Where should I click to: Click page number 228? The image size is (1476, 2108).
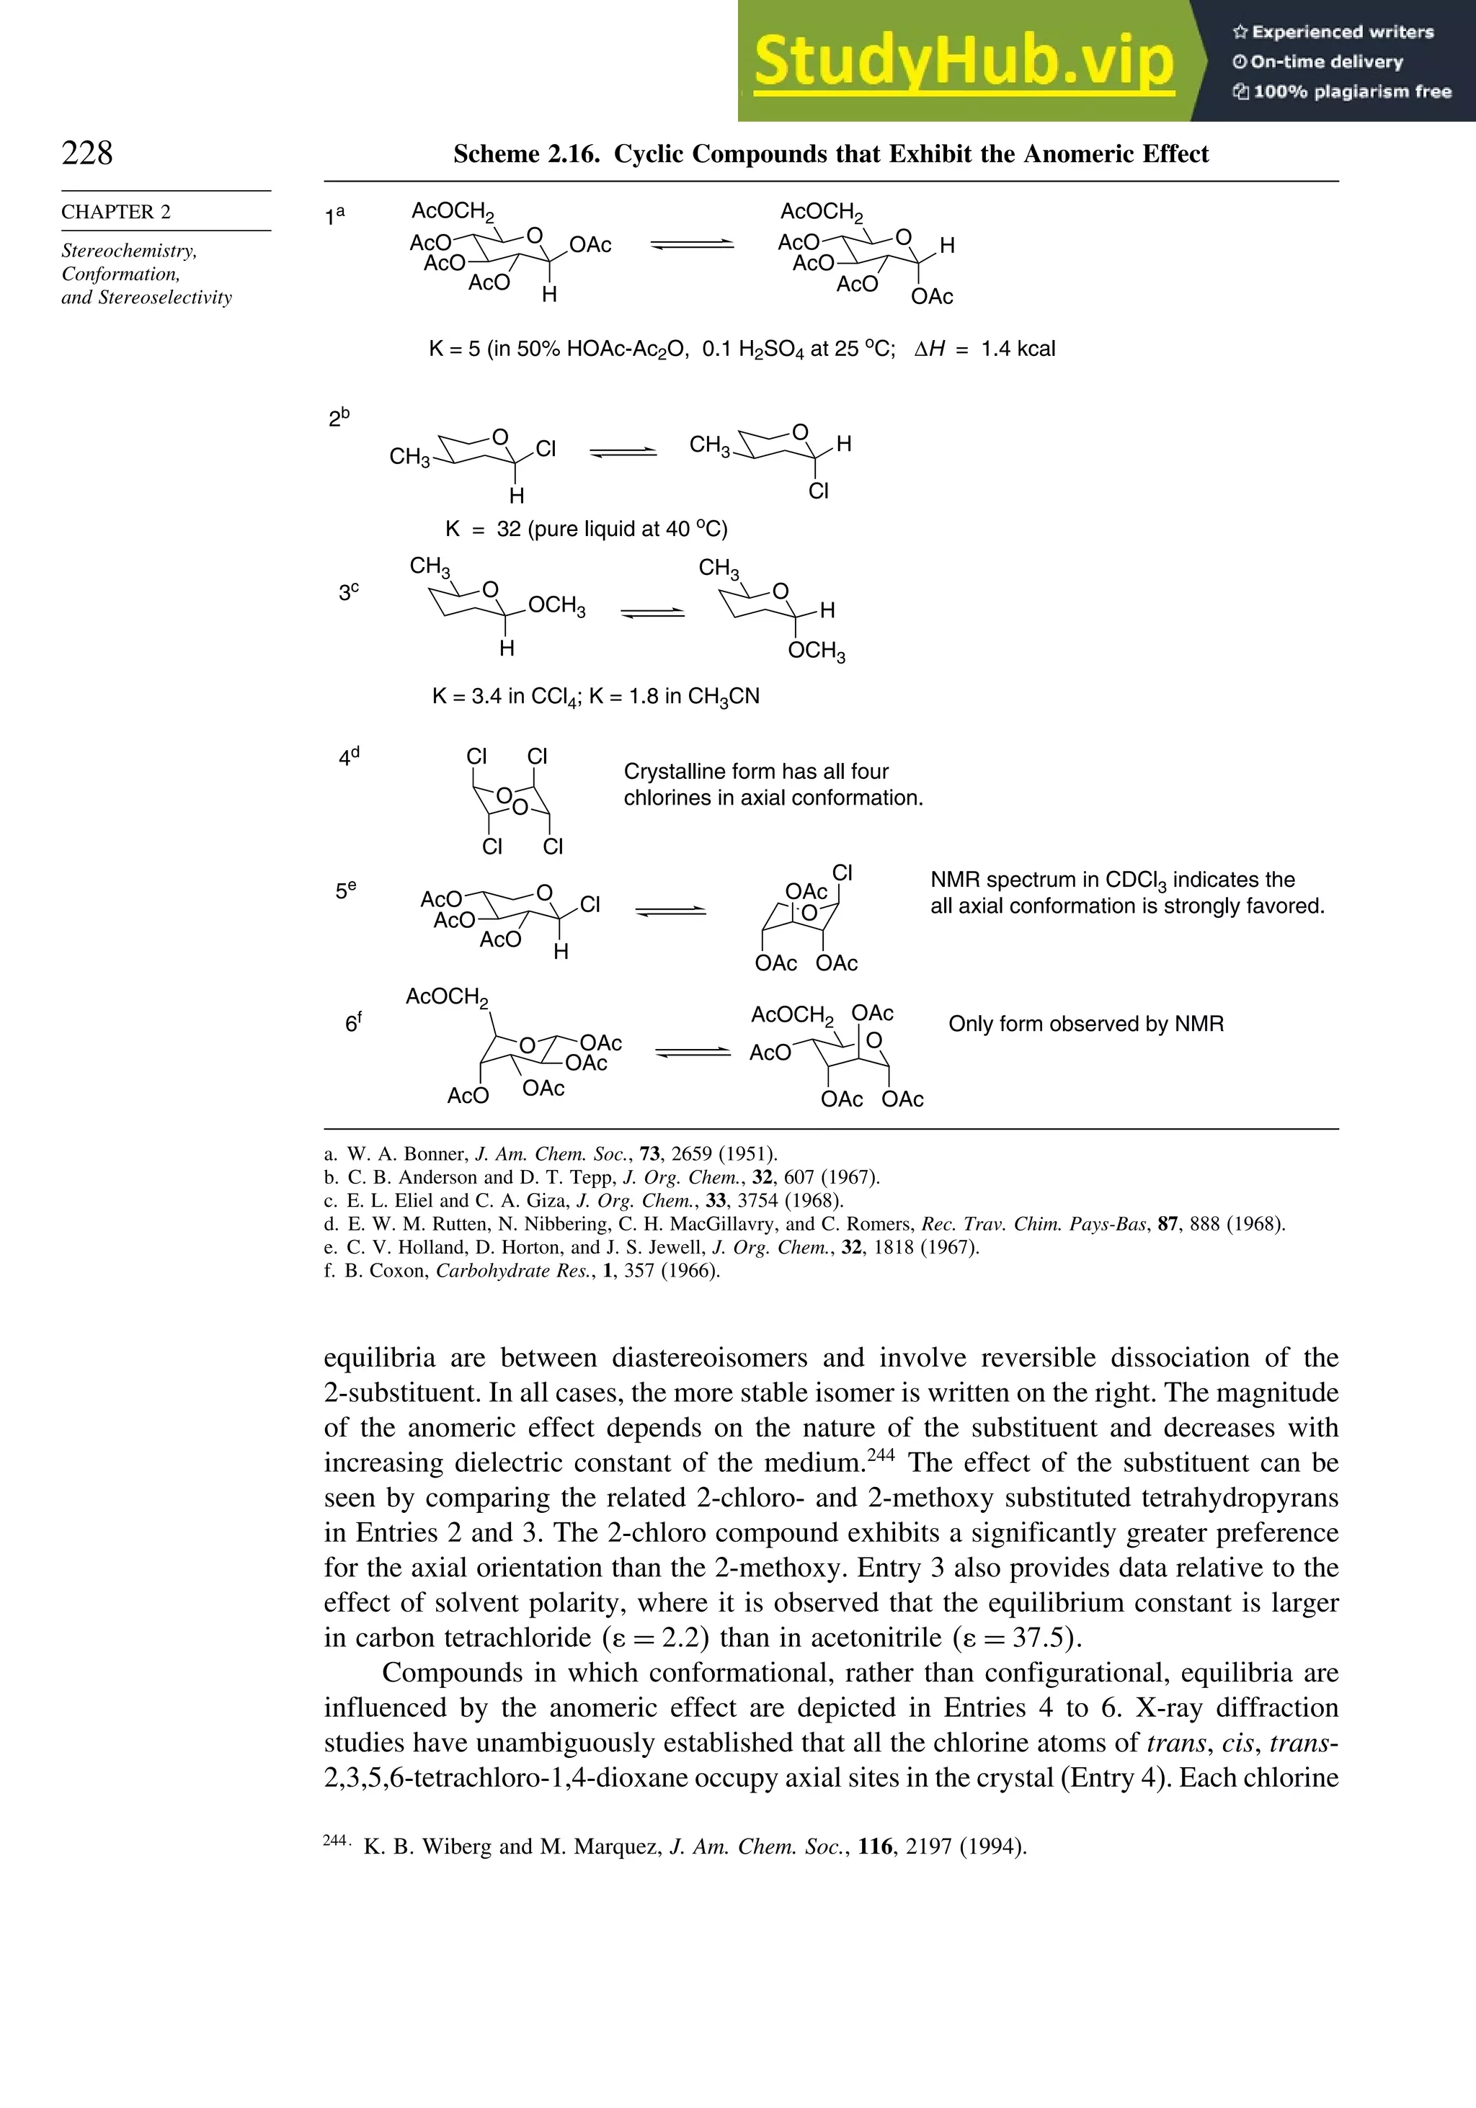87,153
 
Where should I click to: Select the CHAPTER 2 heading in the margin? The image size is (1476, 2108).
116,212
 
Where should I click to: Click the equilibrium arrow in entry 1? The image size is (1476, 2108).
692,244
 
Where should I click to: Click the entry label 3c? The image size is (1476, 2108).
348,592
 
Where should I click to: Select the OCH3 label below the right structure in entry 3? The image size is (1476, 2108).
817,651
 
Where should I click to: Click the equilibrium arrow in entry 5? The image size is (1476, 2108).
670,911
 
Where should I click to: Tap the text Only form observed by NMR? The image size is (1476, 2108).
1085,1024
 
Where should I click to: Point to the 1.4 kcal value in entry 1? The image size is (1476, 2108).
1018,349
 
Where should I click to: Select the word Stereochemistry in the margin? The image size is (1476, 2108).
128,251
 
